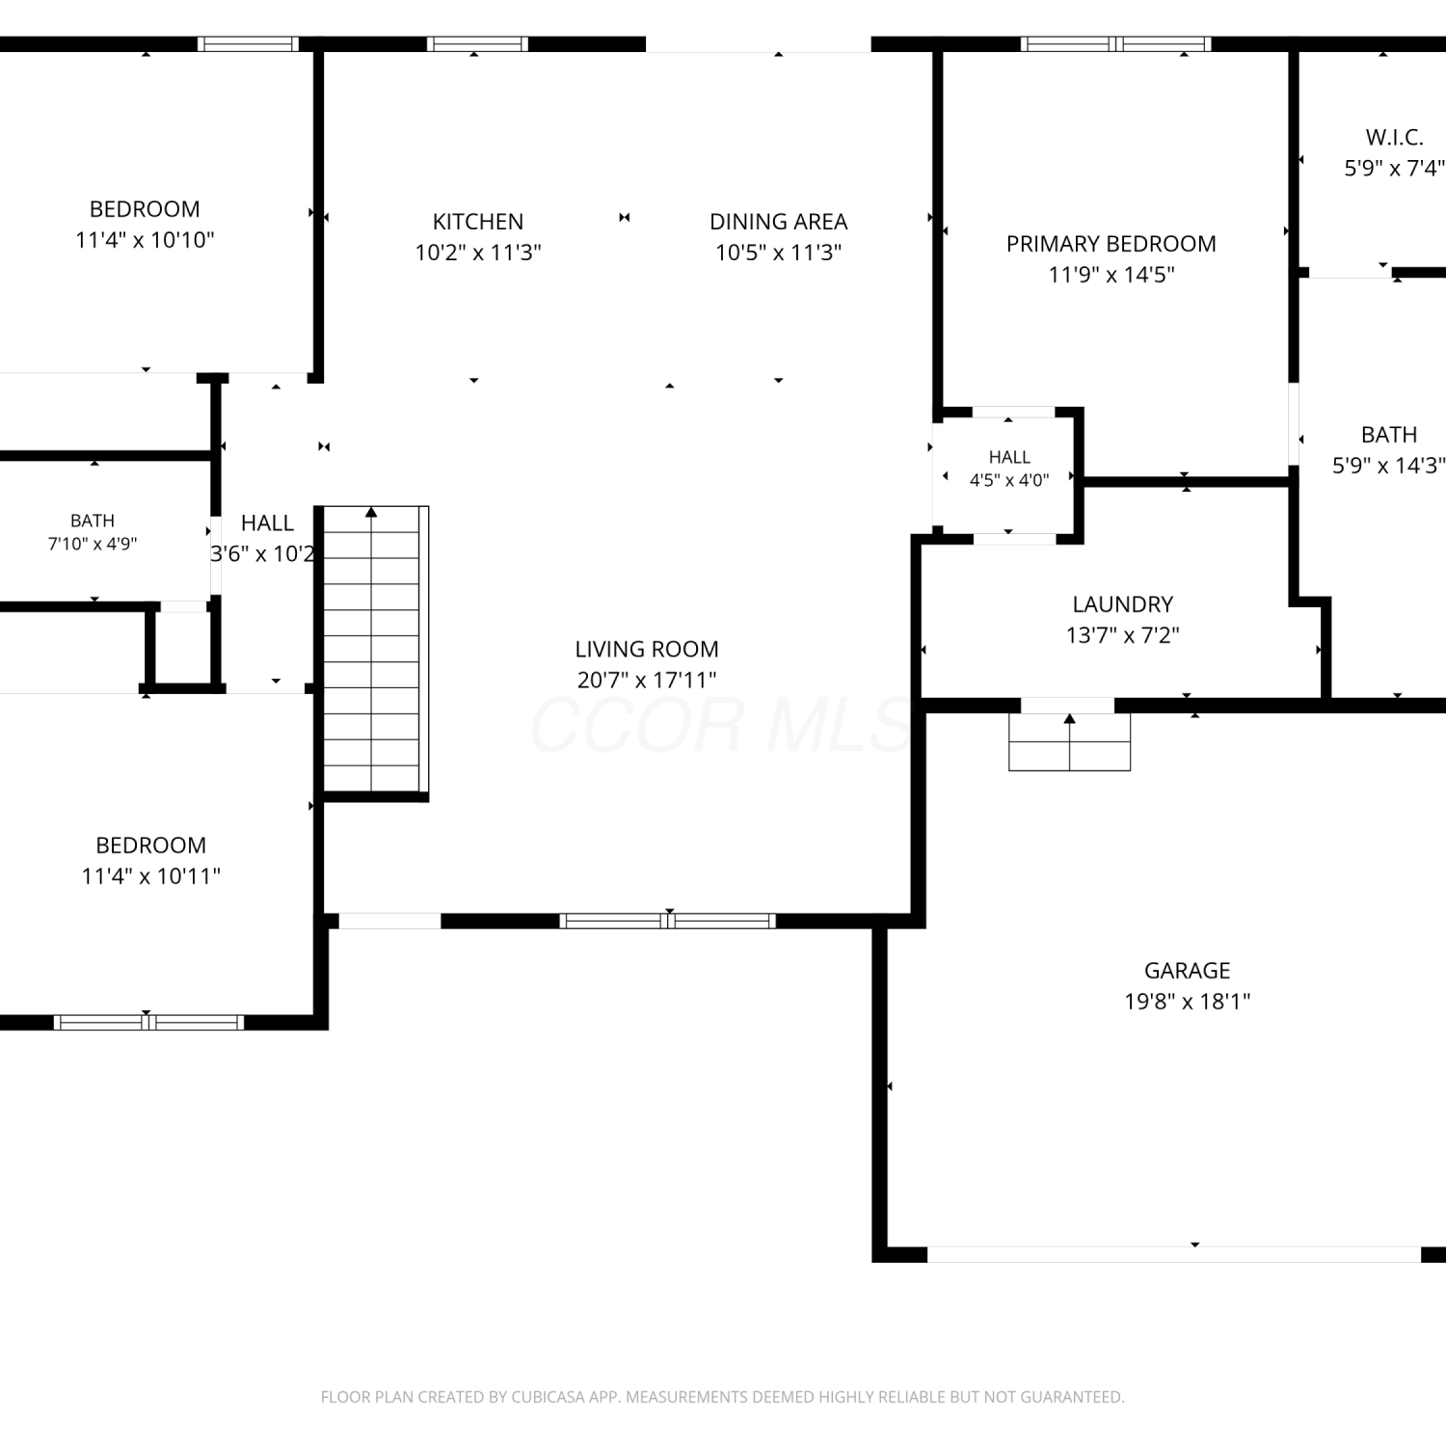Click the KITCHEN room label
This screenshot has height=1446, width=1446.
[x=478, y=222]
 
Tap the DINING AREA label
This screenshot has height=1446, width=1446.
[x=779, y=222]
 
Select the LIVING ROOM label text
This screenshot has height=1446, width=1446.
[x=647, y=649]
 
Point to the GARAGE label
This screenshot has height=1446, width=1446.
[x=1188, y=971]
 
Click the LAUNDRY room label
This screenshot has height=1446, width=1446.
[x=1123, y=604]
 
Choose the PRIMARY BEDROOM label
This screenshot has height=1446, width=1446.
[x=1111, y=244]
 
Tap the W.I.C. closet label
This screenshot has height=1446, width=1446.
[x=1395, y=137]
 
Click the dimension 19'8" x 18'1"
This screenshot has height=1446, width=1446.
[x=1188, y=1002]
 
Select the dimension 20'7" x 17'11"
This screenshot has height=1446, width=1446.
[x=647, y=680]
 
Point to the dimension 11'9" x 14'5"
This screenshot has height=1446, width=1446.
[x=1111, y=275]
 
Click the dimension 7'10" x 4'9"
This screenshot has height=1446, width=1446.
[x=93, y=544]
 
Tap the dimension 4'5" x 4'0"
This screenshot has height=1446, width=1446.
[x=1009, y=479]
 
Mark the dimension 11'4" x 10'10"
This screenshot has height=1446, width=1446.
[x=145, y=240]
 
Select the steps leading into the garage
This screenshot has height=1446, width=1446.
[x=1070, y=741]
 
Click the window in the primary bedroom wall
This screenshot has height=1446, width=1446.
[x=1115, y=43]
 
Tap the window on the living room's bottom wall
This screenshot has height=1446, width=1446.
[x=668, y=921]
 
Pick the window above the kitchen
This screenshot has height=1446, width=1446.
[x=477, y=43]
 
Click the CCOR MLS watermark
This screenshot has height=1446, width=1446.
[x=721, y=725]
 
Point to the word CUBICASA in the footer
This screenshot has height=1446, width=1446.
[x=549, y=1397]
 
